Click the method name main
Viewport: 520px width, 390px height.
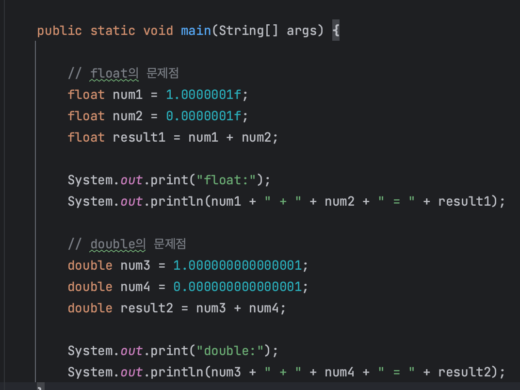click(196, 31)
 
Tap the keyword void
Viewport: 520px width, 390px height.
click(158, 31)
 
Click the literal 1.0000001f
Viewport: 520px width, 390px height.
click(203, 95)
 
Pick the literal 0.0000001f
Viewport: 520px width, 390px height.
click(203, 116)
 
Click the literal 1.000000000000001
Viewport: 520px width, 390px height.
click(238, 265)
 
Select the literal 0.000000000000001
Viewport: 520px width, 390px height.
click(238, 287)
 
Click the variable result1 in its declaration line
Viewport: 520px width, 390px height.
click(139, 137)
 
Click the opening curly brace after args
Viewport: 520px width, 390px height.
click(336, 31)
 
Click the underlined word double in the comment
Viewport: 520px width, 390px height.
click(113, 244)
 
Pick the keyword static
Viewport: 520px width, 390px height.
click(113, 31)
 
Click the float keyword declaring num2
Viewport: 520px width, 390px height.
click(86, 116)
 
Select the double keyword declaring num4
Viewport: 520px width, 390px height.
click(90, 287)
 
